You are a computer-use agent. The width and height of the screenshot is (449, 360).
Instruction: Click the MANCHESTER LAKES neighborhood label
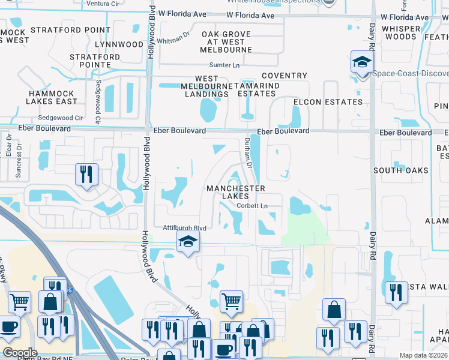235,192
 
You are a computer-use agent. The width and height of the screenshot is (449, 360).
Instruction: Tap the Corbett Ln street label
252,206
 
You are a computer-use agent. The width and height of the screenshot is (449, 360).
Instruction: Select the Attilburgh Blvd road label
184,228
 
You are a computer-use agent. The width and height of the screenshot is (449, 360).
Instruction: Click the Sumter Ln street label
224,65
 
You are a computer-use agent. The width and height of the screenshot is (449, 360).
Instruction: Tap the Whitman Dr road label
173,41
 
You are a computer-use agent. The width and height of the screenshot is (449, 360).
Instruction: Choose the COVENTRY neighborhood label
284,76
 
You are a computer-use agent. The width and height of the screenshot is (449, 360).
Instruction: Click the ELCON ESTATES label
327,102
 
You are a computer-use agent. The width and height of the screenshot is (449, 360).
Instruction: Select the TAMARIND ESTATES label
260,90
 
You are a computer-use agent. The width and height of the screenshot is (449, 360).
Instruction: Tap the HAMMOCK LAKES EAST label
52,98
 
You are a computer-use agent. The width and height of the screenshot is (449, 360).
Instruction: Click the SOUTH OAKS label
400,170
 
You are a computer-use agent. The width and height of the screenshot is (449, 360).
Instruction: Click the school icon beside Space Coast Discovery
362,63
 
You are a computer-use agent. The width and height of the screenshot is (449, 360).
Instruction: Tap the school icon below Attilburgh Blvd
188,242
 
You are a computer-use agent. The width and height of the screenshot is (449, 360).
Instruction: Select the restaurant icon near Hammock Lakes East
86,175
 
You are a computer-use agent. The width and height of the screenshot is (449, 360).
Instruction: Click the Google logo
19,353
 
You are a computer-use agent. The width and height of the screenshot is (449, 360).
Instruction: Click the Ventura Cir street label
103,4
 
